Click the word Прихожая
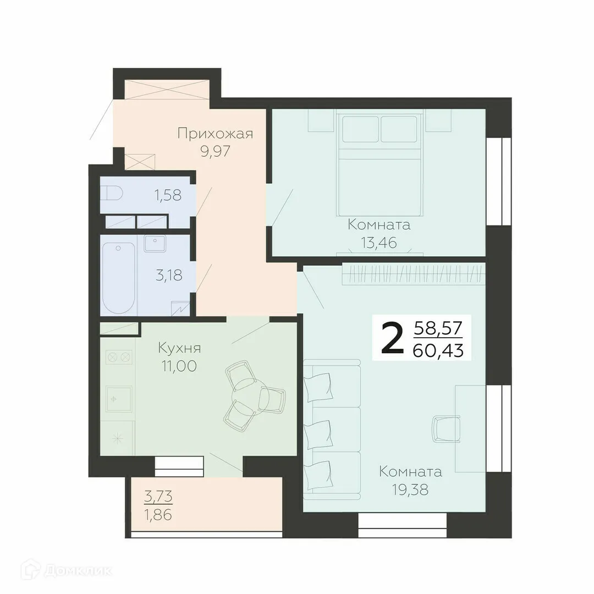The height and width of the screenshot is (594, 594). pyautogui.click(x=215, y=134)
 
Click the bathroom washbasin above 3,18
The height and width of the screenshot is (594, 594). pyautogui.click(x=155, y=243)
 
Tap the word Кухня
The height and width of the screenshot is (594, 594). pyautogui.click(x=179, y=348)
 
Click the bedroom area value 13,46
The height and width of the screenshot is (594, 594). pyautogui.click(x=379, y=242)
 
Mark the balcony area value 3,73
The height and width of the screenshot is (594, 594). pyautogui.click(x=158, y=497)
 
